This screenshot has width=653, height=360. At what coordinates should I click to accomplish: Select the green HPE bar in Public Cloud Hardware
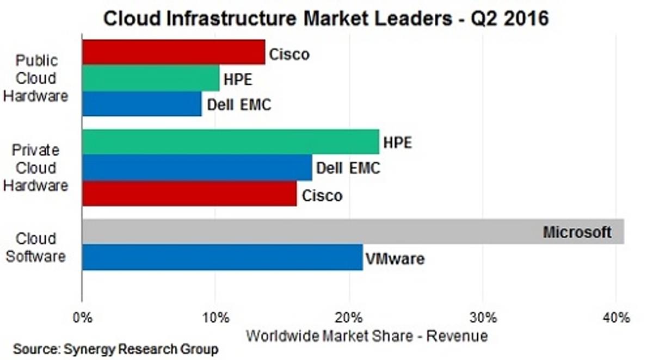[150, 78]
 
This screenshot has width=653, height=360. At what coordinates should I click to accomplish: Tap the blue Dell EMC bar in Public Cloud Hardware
[141, 103]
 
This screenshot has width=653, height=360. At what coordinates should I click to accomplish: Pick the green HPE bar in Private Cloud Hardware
[230, 142]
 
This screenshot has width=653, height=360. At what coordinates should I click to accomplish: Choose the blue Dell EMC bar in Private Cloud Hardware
[197, 167]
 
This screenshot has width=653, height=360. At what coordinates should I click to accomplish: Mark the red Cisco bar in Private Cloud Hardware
[189, 193]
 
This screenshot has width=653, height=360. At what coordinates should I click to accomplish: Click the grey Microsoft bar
[310, 232]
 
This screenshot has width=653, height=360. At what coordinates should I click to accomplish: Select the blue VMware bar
[222, 257]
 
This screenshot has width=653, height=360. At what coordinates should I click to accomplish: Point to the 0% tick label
[82, 317]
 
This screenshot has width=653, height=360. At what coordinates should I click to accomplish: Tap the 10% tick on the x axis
[215, 317]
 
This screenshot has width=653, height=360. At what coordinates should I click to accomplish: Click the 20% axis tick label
[349, 317]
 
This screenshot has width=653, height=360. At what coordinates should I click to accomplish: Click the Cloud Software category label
[36, 247]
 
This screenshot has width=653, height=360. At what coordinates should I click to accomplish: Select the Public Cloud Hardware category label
[36, 78]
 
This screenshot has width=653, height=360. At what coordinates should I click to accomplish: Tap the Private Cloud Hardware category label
[36, 167]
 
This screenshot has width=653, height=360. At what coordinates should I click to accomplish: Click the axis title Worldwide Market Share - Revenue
[367, 336]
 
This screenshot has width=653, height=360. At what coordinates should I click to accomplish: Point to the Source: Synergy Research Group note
[115, 349]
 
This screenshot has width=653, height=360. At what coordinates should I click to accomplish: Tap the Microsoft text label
[577, 233]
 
